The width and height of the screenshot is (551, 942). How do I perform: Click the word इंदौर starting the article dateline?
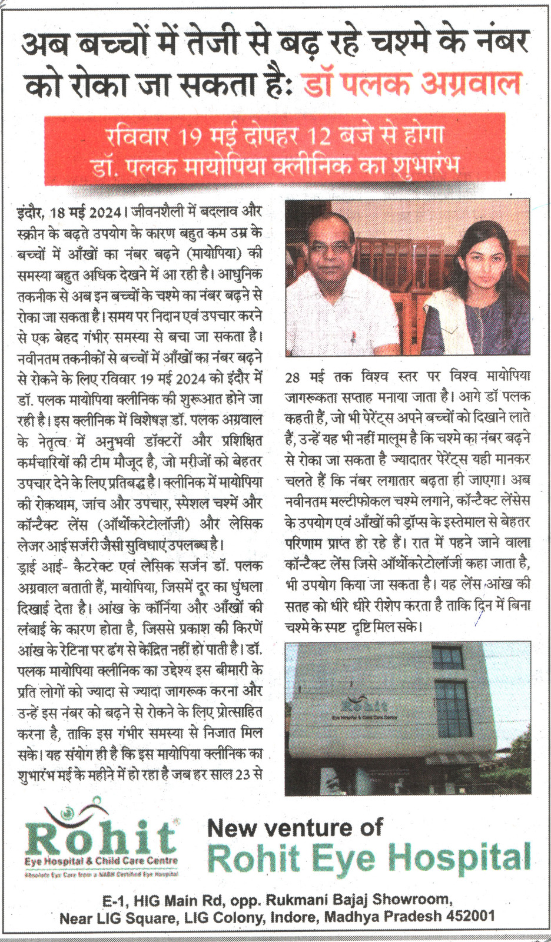click(30, 213)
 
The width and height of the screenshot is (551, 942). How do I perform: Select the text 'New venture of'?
click(295, 828)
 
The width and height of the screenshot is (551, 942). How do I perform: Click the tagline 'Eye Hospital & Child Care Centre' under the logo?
click(101, 861)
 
